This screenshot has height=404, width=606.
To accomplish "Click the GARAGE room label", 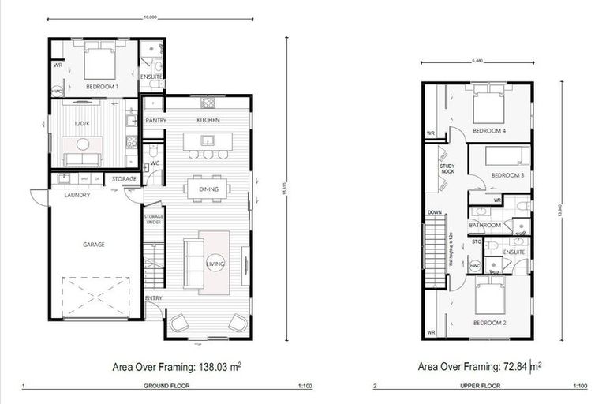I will (x=94, y=245).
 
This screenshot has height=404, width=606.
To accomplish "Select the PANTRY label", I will (x=154, y=120).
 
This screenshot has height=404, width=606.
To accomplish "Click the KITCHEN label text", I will (x=208, y=120).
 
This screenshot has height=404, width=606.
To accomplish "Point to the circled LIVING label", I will (x=215, y=264).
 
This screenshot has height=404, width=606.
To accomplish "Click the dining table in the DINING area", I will (x=206, y=189).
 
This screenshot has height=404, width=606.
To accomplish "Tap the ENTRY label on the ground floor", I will (x=154, y=297).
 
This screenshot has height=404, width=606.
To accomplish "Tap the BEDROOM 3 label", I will (x=507, y=174).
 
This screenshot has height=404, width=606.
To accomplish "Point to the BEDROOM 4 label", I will (x=488, y=130).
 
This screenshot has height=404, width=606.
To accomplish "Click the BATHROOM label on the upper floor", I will (x=485, y=225).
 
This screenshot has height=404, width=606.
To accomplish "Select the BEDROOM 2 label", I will (x=488, y=323).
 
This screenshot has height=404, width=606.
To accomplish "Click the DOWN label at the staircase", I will (x=434, y=212).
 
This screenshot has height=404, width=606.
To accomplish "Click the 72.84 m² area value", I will (x=518, y=366).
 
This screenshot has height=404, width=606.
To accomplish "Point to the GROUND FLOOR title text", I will (x=166, y=387).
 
